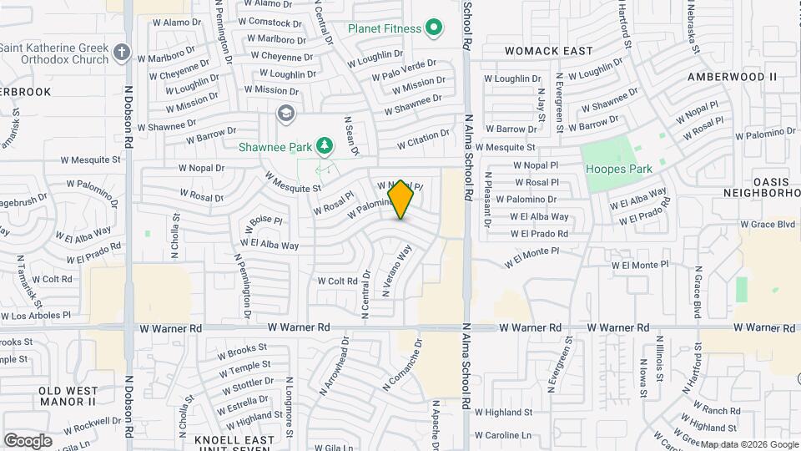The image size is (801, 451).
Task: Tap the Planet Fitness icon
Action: (x=433, y=29)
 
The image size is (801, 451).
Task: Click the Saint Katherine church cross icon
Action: (x=122, y=53)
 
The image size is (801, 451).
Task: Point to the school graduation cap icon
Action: (x=286, y=113)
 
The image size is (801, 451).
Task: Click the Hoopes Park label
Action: (x=618, y=169)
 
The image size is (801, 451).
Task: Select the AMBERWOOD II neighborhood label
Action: (x=732, y=77)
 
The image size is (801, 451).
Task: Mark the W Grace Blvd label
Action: (x=767, y=225)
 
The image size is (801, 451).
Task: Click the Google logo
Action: (x=28, y=441)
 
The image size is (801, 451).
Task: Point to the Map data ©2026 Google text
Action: (x=748, y=444)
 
